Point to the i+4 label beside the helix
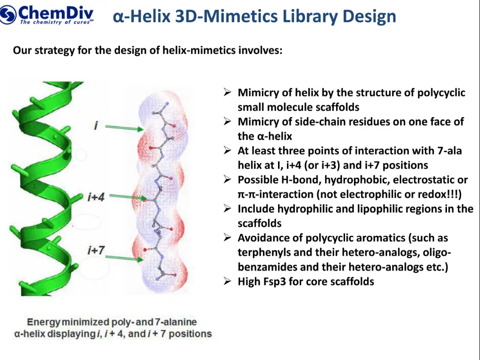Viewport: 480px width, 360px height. point(96,197)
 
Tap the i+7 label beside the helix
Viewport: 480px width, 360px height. point(96,251)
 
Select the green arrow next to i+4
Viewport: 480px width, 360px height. point(131,197)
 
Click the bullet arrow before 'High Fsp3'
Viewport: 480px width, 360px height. point(227,282)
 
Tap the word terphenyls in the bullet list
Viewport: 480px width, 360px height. point(261,252)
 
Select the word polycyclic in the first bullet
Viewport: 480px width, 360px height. point(441,93)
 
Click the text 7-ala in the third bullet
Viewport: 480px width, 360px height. point(448,151)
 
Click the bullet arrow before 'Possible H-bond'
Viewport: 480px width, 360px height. point(227,180)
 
